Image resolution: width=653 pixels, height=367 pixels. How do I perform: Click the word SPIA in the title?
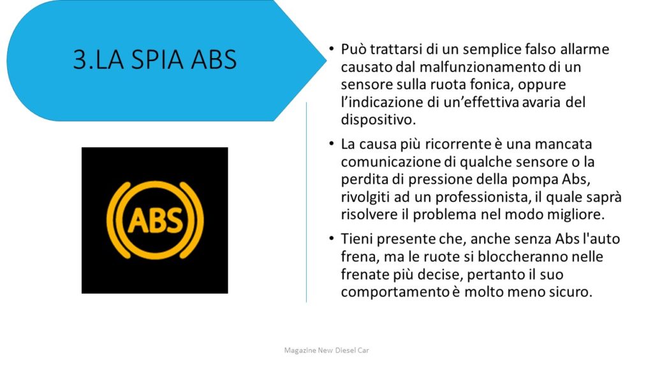tap(158, 59)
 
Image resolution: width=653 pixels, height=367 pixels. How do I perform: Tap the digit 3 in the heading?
tap(80, 59)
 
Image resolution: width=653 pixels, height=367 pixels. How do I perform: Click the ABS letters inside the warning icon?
tap(155, 220)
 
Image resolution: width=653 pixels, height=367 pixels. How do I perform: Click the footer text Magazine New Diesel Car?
tap(326, 350)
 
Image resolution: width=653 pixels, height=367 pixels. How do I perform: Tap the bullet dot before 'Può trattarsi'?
tap(332, 48)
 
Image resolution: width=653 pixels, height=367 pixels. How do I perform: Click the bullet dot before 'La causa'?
tap(332, 143)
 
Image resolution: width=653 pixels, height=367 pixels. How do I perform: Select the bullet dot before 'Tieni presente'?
tap(332, 238)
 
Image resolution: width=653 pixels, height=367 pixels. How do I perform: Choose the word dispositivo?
tap(378, 120)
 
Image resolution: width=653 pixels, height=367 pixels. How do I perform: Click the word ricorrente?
tap(458, 144)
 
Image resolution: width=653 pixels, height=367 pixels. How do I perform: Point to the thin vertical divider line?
tap(307, 202)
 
